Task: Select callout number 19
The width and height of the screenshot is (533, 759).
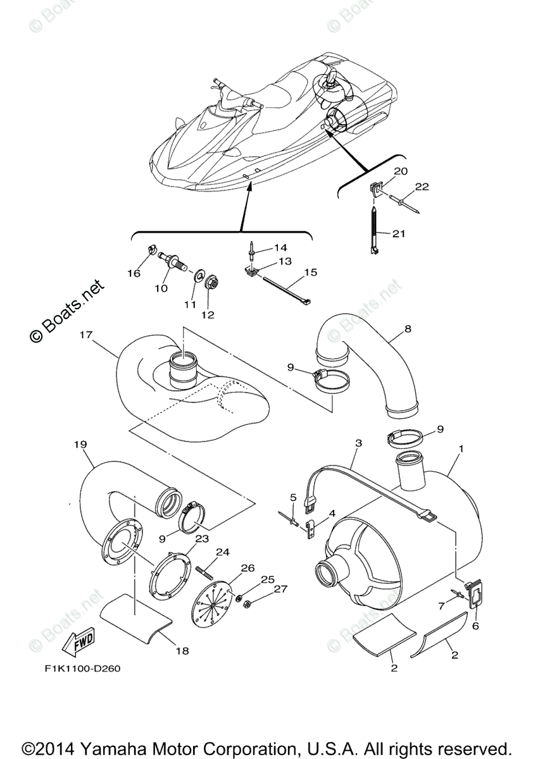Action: pos(80,445)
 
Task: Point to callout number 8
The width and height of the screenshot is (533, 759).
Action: pos(408,329)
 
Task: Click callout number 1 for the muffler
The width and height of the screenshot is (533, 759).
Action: pos(461,448)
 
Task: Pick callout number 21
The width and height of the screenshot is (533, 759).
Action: pos(398,234)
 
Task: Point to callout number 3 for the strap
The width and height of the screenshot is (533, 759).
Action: pos(358,444)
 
